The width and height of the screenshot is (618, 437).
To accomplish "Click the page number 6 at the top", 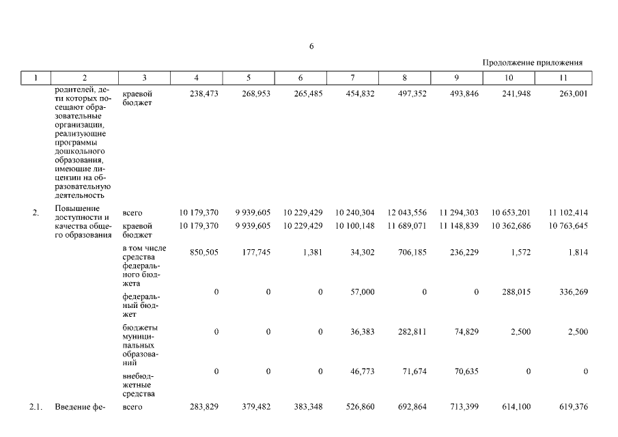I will [x=311, y=46].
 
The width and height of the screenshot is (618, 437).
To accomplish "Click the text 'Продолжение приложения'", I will [x=532, y=62].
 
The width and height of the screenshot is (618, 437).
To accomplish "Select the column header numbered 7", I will [x=352, y=78].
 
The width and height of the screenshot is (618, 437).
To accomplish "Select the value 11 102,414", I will [x=568, y=213].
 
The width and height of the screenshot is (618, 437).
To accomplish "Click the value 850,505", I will [x=203, y=252].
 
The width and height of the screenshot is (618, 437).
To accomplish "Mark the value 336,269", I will [x=572, y=292].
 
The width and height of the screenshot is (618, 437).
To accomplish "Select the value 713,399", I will [x=464, y=407].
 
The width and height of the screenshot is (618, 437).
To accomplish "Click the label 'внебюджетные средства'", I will [x=138, y=384].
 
